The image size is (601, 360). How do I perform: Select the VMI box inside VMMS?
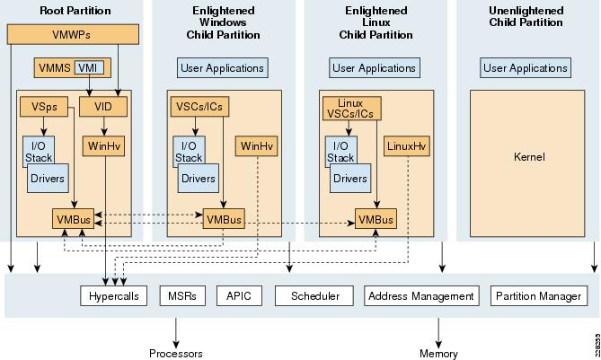88,68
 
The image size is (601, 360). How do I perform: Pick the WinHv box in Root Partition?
104,145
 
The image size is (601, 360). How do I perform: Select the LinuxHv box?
408,145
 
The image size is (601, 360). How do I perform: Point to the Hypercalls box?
113,295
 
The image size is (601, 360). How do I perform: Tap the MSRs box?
182,295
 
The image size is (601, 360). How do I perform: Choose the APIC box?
238,295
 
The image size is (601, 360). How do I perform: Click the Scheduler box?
314,295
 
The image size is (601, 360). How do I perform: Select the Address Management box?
421,295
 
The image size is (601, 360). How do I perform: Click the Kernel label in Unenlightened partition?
529,157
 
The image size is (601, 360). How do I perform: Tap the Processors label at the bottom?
175,354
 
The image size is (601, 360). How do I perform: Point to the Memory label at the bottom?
438,354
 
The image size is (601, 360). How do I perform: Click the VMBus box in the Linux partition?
376,218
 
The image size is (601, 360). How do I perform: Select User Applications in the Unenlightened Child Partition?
526,68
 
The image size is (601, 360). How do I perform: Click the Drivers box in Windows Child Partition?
199,178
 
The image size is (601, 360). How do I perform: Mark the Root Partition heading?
75,11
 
